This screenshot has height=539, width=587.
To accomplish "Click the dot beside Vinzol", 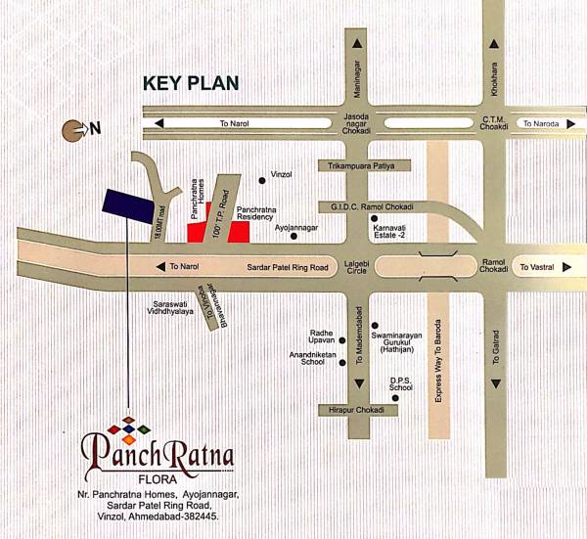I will (261, 180).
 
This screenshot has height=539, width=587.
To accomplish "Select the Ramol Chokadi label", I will (491, 267).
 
